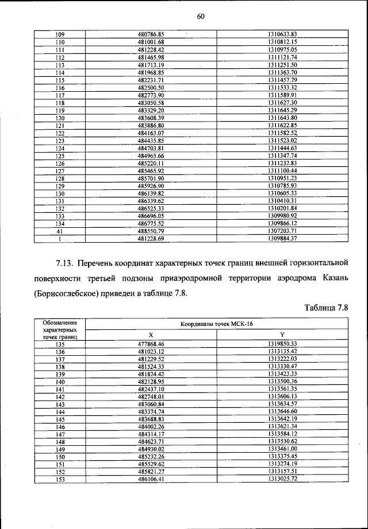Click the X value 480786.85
151,35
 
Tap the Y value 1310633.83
282,35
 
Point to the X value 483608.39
151,117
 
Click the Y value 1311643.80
282,117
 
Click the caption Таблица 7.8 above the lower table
325,310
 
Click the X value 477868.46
151,344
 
